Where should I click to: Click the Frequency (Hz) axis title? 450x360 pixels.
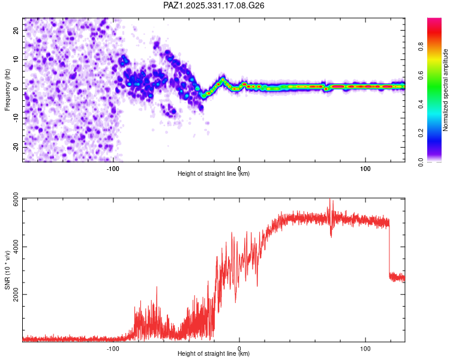pyautogui.click(x=8, y=89)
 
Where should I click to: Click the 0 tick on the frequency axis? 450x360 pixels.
pyautogui.click(x=17, y=89)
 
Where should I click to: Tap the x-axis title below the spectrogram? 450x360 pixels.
pyautogui.click(x=214, y=174)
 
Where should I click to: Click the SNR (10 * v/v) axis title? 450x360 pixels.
pyautogui.click(x=8, y=270)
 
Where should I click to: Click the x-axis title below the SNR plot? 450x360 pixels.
pyautogui.click(x=214, y=354)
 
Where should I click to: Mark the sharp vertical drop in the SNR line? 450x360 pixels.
pyautogui.click(x=389, y=249)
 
